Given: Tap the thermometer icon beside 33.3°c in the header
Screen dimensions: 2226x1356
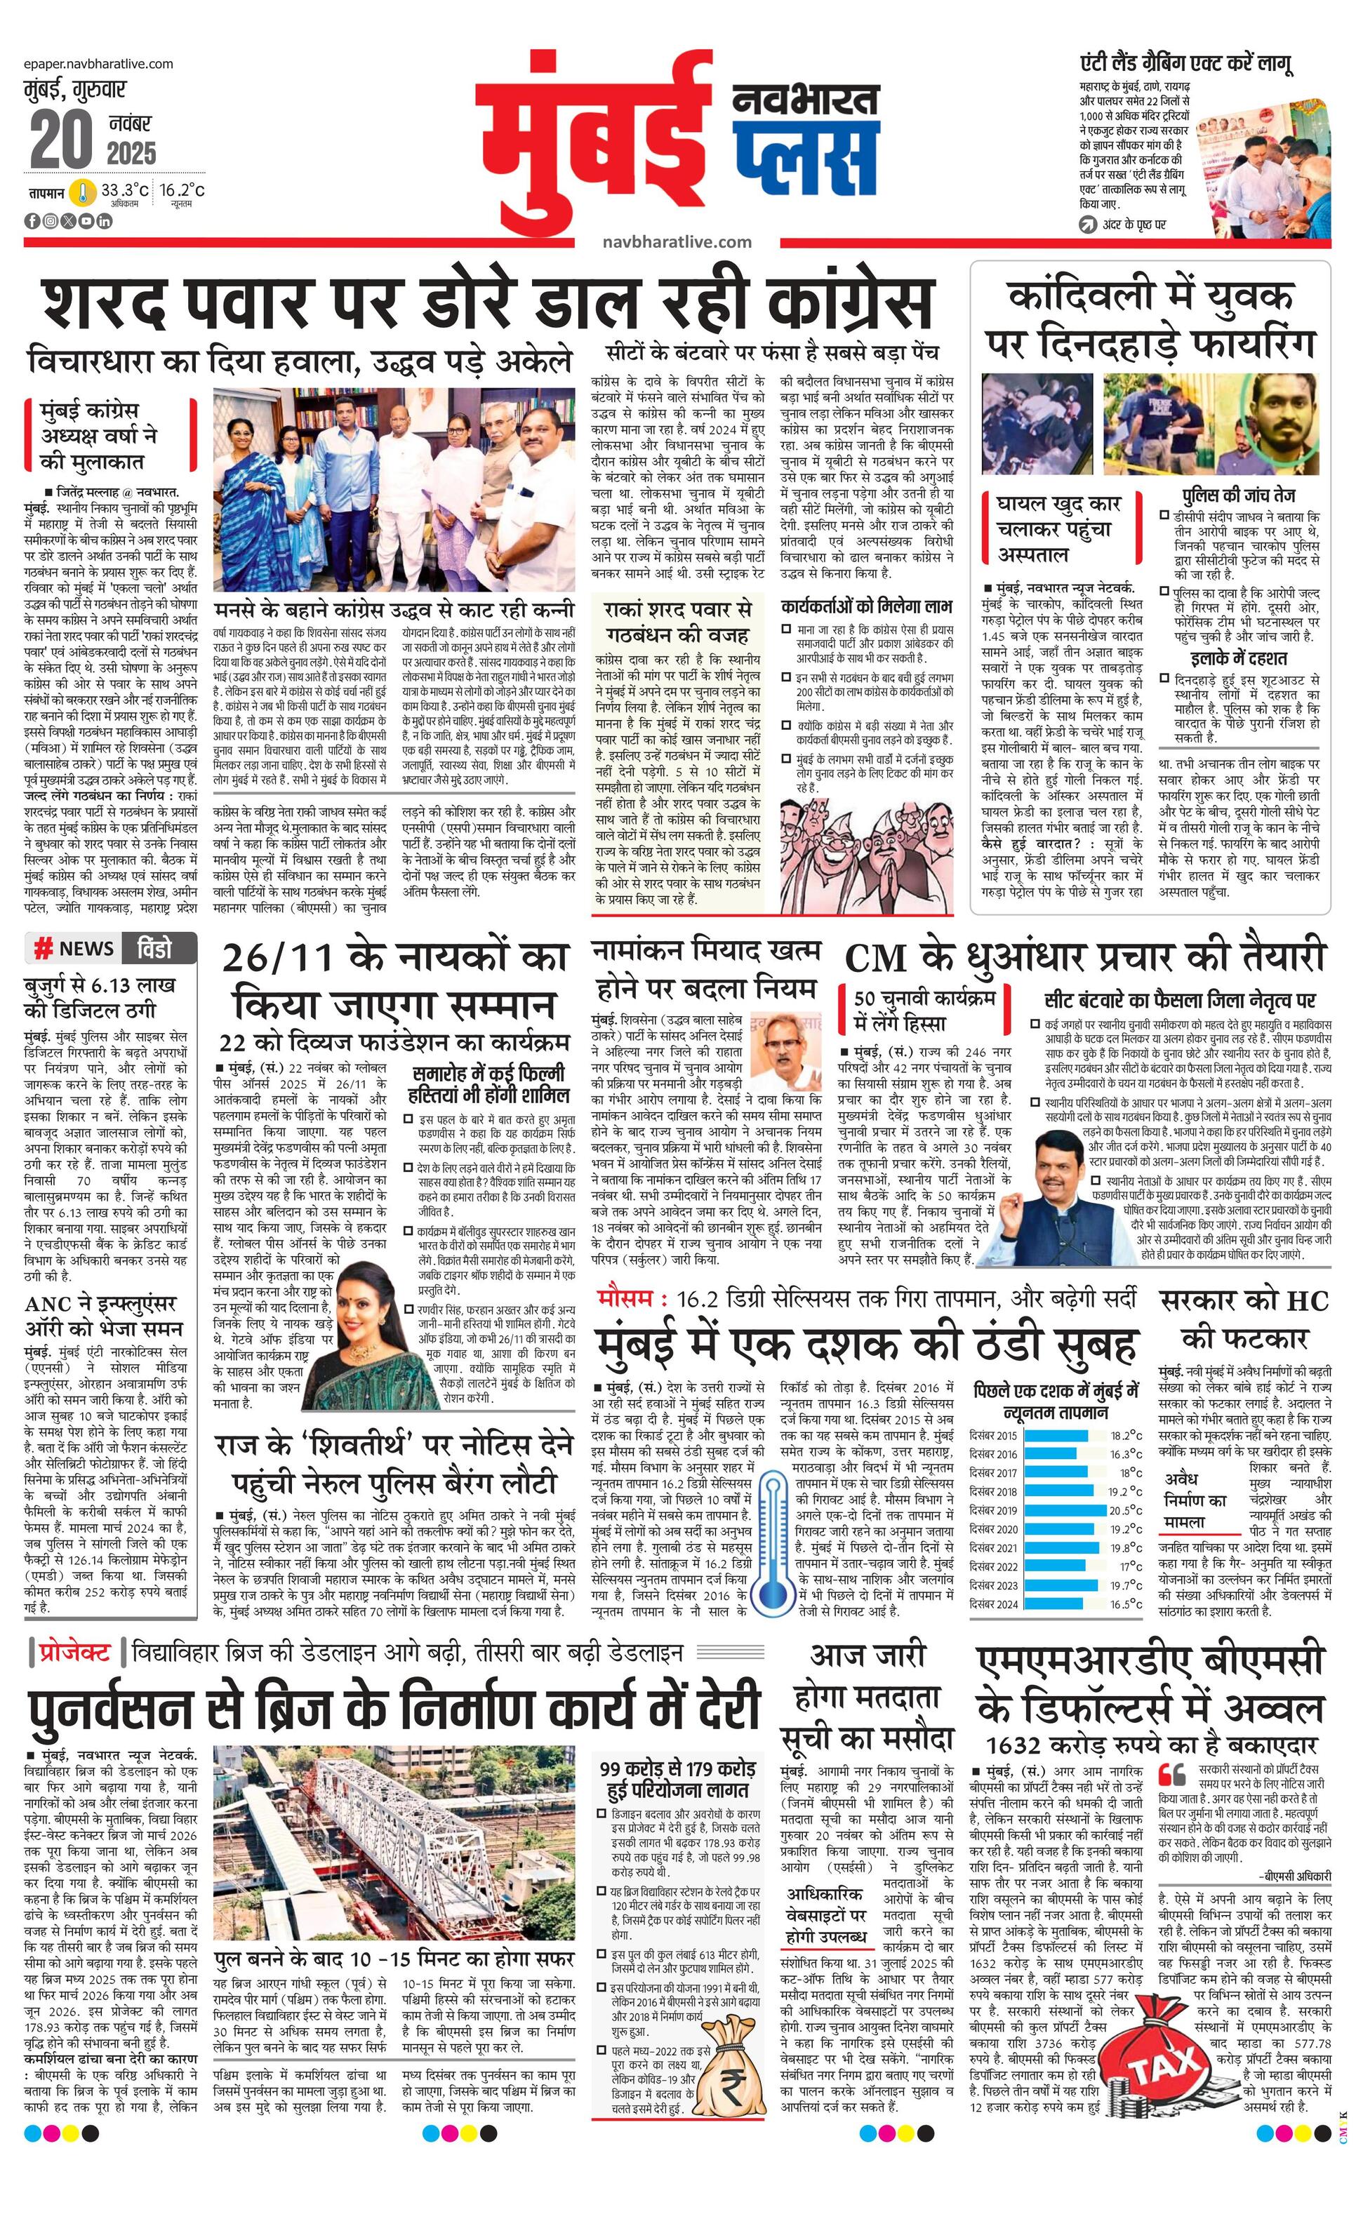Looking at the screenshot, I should tap(84, 192).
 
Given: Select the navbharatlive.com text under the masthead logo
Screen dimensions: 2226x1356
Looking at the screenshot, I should tap(676, 242).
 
